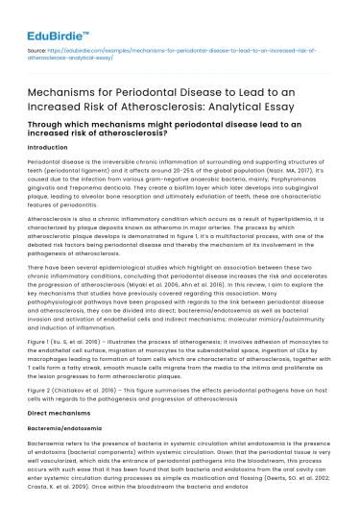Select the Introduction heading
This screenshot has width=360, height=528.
click(x=50, y=149)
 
